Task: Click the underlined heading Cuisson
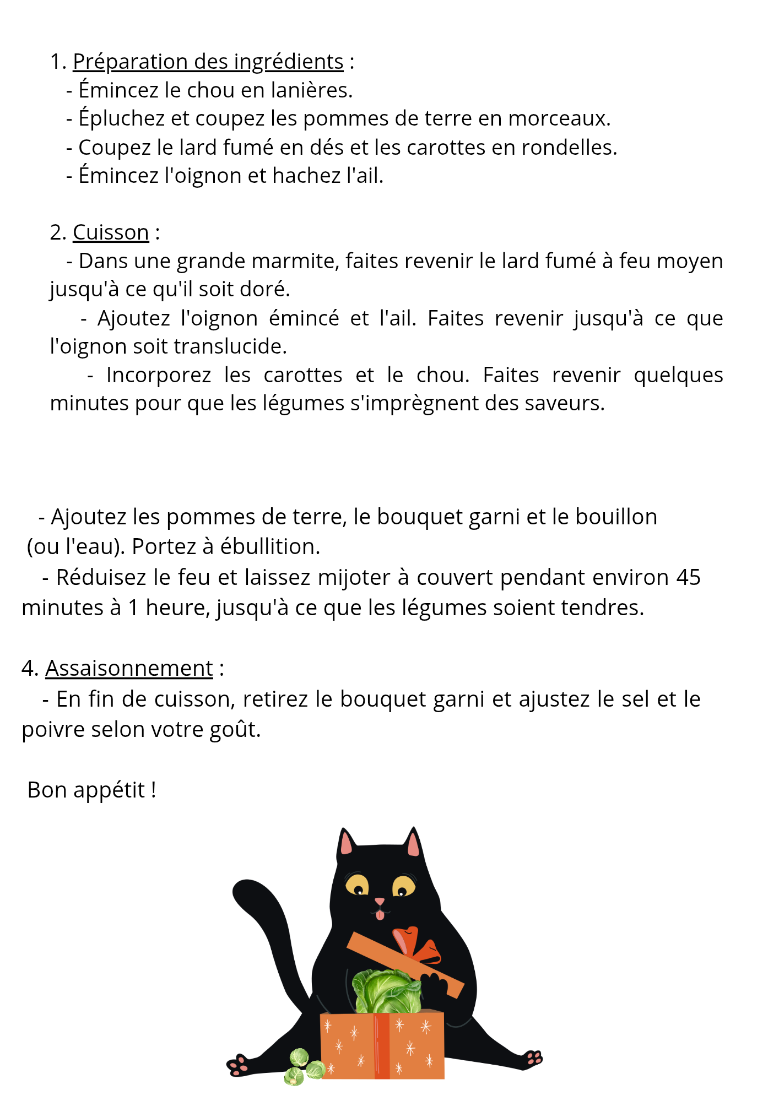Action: [x=111, y=232]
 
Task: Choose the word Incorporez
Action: [x=159, y=375]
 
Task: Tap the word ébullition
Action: [x=269, y=546]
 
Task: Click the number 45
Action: [x=688, y=577]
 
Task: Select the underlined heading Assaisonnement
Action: [x=129, y=668]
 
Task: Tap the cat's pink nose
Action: [x=380, y=901]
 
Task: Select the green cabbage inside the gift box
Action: [x=386, y=991]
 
